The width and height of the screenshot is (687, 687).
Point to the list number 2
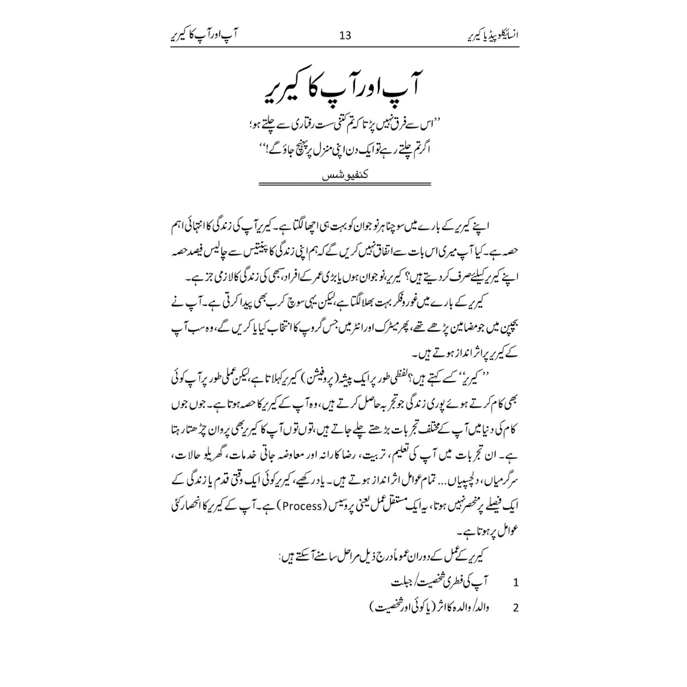coord(515,607)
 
